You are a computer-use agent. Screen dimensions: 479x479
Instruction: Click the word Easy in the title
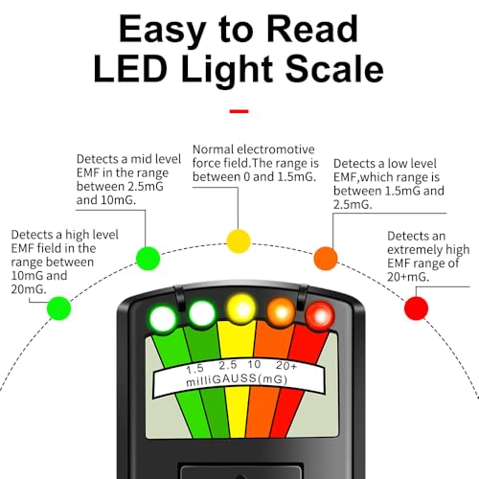[162, 31]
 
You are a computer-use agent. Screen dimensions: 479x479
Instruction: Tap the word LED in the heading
[130, 69]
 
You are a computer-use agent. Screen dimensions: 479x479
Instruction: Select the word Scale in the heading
[334, 69]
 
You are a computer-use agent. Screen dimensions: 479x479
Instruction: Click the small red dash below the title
[239, 111]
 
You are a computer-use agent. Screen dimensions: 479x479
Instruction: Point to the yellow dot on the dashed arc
[239, 241]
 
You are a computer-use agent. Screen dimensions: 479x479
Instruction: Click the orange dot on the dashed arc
[326, 259]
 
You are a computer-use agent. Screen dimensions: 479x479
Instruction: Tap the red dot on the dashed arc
[416, 308]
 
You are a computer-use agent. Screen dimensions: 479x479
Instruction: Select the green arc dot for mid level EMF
[148, 259]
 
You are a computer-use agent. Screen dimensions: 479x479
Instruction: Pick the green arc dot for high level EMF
[58, 308]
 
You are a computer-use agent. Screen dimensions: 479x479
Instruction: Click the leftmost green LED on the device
[163, 319]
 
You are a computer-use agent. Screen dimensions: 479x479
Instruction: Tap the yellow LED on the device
[241, 309]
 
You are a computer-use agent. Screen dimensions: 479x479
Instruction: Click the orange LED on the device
[281, 312]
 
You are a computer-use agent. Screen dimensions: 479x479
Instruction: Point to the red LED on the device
[320, 316]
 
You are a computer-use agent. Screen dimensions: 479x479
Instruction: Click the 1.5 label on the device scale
[194, 369]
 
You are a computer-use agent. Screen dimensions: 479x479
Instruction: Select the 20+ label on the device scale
[286, 365]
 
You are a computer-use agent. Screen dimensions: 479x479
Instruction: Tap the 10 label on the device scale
[254, 364]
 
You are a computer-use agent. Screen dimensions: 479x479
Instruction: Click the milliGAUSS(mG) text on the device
[237, 379]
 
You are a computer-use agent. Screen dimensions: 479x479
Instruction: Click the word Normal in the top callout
[214, 149]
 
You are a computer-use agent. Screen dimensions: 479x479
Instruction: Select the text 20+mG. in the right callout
[408, 277]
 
